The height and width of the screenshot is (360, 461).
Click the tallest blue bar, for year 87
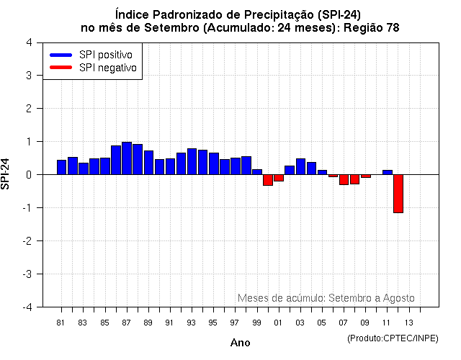(127, 158)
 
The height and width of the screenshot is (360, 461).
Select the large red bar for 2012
(398, 193)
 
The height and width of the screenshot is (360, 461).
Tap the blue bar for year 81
(61, 167)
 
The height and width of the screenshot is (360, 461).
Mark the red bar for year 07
(344, 179)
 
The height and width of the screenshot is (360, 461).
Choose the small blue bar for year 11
(387, 172)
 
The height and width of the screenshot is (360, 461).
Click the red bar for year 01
(279, 177)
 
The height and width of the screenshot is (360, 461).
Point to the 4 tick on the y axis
(28, 42)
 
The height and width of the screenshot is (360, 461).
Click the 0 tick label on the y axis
(28, 175)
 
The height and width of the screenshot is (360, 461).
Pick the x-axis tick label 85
(104, 323)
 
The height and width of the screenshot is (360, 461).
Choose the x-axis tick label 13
(408, 323)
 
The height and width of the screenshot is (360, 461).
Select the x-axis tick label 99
(256, 323)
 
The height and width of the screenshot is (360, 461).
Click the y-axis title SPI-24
(6, 174)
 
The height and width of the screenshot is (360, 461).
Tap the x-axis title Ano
(240, 343)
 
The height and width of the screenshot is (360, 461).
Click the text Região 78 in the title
(374, 27)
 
